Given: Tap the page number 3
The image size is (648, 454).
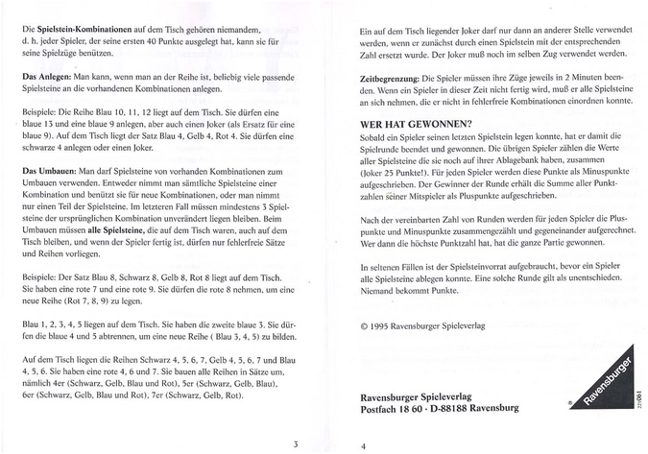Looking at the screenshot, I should [x=297, y=442].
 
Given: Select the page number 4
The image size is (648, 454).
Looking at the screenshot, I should [x=363, y=445].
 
